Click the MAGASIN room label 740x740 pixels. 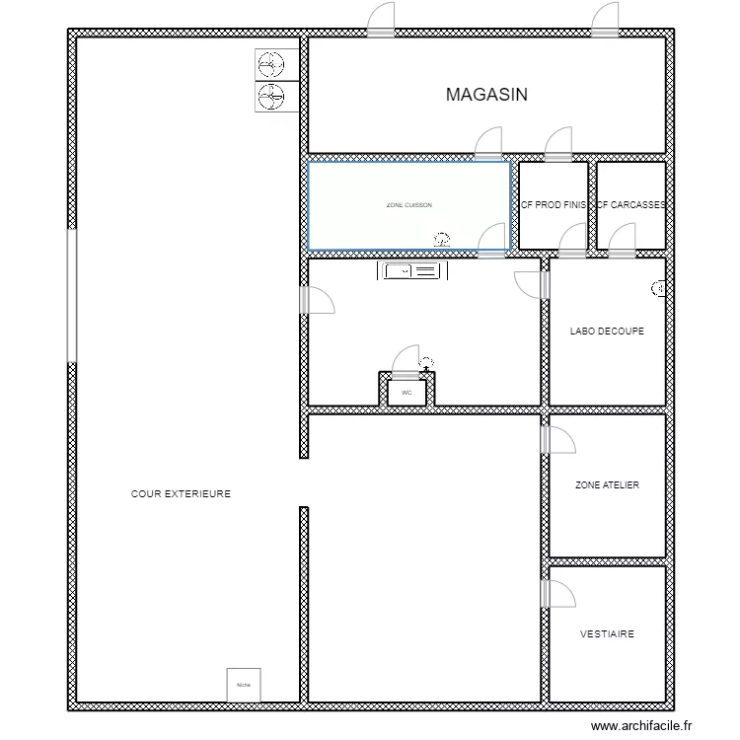coord(486,95)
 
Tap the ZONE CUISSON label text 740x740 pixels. coord(408,205)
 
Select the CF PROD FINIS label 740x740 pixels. coord(554,205)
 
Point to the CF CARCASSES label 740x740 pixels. coord(631,205)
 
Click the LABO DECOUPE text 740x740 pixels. coord(607,332)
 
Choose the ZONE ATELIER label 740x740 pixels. coord(607,485)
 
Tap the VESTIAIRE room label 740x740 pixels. coord(607,634)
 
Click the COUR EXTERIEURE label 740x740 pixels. coord(181,493)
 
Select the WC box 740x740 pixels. coord(407,392)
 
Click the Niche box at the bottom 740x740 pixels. coord(244,684)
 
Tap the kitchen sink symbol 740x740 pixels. coord(405,270)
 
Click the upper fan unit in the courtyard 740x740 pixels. coord(269,64)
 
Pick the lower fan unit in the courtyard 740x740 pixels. coord(269,97)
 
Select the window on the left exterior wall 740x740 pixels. coord(71,295)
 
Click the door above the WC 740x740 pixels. coord(406,361)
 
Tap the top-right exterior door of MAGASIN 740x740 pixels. coord(604,21)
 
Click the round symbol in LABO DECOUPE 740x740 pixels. coord(658,288)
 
